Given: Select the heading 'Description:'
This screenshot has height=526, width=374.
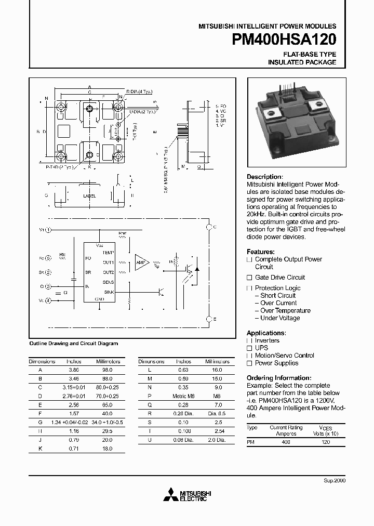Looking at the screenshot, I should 264,177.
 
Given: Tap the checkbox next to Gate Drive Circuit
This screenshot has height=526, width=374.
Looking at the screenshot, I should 249,278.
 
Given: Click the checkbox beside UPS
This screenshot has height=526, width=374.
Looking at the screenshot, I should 249,348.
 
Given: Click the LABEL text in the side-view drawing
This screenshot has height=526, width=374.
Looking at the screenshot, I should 89,196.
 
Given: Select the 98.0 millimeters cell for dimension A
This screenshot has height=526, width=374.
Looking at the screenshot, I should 107,370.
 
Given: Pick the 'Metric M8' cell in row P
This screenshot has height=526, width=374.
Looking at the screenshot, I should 183,396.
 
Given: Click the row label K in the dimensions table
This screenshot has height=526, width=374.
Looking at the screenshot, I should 40,448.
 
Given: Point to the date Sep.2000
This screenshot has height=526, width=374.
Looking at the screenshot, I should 335,480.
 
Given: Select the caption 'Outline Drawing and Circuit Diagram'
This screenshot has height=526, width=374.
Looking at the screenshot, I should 74,344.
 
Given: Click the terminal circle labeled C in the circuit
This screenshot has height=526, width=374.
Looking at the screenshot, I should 209,227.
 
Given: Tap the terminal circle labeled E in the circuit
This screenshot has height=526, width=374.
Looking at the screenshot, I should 209,319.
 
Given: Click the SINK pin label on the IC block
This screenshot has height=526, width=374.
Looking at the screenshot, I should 109,292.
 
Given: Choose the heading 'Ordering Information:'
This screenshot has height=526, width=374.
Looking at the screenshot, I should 279,378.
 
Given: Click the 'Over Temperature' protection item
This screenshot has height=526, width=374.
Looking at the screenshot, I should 285,311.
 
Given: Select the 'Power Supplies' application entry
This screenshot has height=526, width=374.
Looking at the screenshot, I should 276,363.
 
